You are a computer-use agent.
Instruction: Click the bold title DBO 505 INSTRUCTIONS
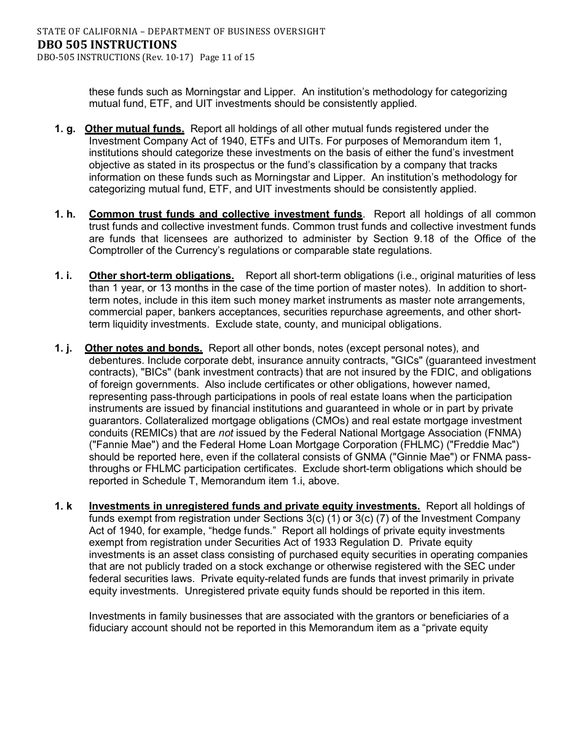tap(106, 44)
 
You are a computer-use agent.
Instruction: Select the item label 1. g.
tap(65, 129)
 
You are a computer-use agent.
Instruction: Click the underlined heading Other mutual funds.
tap(134, 129)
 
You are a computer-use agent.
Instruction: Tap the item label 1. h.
tap(65, 215)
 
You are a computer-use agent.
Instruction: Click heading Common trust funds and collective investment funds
tap(226, 215)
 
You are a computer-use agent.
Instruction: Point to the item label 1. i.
tap(63, 276)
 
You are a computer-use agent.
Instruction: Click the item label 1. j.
tap(63, 348)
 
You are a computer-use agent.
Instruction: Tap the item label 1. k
tap(63, 506)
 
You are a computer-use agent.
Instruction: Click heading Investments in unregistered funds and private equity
tap(254, 506)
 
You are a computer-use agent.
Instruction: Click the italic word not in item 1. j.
tap(226, 433)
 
